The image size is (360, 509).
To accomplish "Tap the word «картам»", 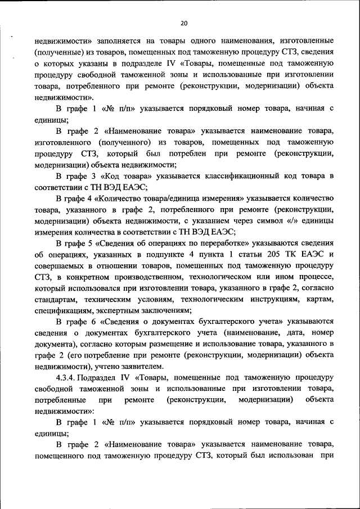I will pos(318,299).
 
